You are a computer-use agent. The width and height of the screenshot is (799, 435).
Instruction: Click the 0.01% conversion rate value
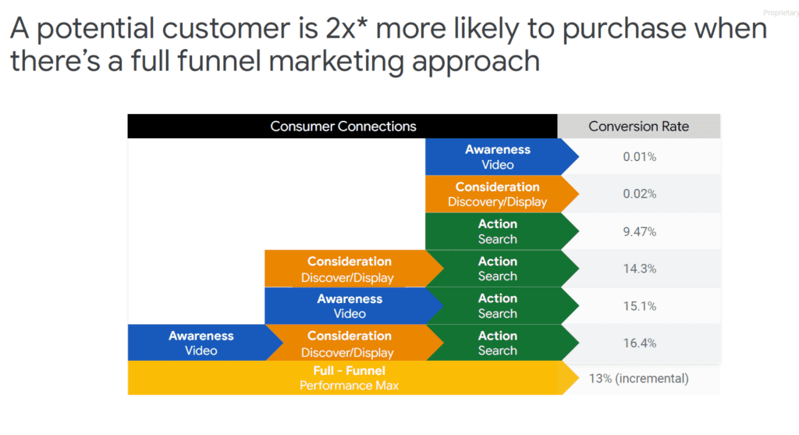tap(639, 157)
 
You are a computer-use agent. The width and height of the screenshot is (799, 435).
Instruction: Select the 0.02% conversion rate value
tap(639, 194)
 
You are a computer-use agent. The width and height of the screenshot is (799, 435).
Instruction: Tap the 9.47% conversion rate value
tap(639, 231)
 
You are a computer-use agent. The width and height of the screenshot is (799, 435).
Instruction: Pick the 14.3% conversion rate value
tap(639, 269)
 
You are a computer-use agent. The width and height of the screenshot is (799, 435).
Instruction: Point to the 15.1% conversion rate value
tap(639, 305)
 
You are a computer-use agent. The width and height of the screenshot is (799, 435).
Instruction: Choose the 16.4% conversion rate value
tap(639, 343)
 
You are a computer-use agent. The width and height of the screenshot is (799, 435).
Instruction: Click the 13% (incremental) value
tap(638, 379)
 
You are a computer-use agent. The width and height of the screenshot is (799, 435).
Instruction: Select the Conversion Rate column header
tap(638, 127)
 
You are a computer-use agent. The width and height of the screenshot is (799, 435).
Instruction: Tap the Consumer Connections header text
tap(343, 127)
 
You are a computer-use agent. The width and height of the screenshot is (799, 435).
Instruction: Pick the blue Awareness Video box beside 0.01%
tap(498, 157)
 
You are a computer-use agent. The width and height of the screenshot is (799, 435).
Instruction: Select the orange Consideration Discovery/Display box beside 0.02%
tap(498, 194)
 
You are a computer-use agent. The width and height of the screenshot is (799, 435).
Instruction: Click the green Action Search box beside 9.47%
tap(498, 231)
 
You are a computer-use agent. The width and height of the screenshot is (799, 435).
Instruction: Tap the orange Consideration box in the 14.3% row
tap(350, 269)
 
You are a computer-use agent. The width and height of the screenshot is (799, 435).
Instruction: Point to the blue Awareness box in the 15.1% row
tap(350, 305)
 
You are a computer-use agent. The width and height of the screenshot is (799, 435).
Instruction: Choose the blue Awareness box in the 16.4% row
tap(201, 343)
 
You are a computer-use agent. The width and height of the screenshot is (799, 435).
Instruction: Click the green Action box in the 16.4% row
tap(498, 343)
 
